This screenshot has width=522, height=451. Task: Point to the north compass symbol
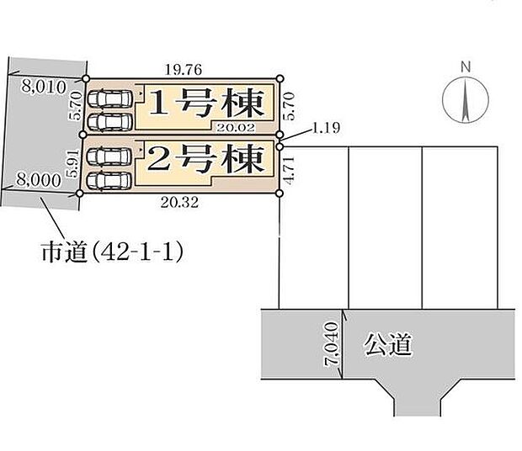coord(464,98)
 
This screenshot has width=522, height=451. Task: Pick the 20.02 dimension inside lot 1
coord(235,126)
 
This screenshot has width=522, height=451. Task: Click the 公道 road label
coord(388,343)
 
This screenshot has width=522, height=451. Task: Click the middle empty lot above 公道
coord(385,227)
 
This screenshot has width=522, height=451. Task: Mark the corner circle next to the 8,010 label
coord(86,79)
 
